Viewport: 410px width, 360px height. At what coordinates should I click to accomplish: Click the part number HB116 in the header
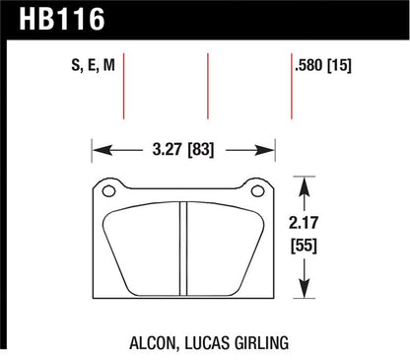pos(62,20)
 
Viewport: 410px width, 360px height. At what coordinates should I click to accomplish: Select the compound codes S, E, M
pos(94,64)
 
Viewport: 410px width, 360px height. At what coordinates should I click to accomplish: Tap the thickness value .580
pos(308,65)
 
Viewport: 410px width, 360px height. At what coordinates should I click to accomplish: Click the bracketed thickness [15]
pos(339,65)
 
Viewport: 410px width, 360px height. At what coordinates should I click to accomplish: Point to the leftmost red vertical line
pos(124,86)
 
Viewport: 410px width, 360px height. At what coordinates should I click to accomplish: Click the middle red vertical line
pos(208,86)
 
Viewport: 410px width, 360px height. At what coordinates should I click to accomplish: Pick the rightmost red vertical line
pos(292,86)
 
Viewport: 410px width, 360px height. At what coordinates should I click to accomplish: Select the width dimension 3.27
pos(167,149)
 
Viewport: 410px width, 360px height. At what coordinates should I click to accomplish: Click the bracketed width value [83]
pos(200,150)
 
